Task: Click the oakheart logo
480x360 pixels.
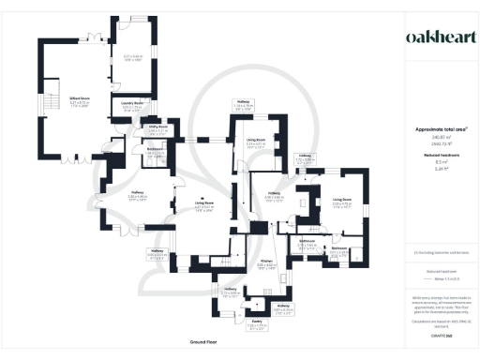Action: (442, 37)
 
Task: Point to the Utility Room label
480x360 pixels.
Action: (156, 127)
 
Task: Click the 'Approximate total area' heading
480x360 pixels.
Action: (441, 128)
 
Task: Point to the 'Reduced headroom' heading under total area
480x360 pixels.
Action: (441, 154)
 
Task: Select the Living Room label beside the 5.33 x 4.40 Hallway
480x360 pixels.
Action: (203, 203)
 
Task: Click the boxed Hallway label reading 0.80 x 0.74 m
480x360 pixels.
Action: (304, 158)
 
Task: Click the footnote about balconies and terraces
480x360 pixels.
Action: (441, 253)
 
